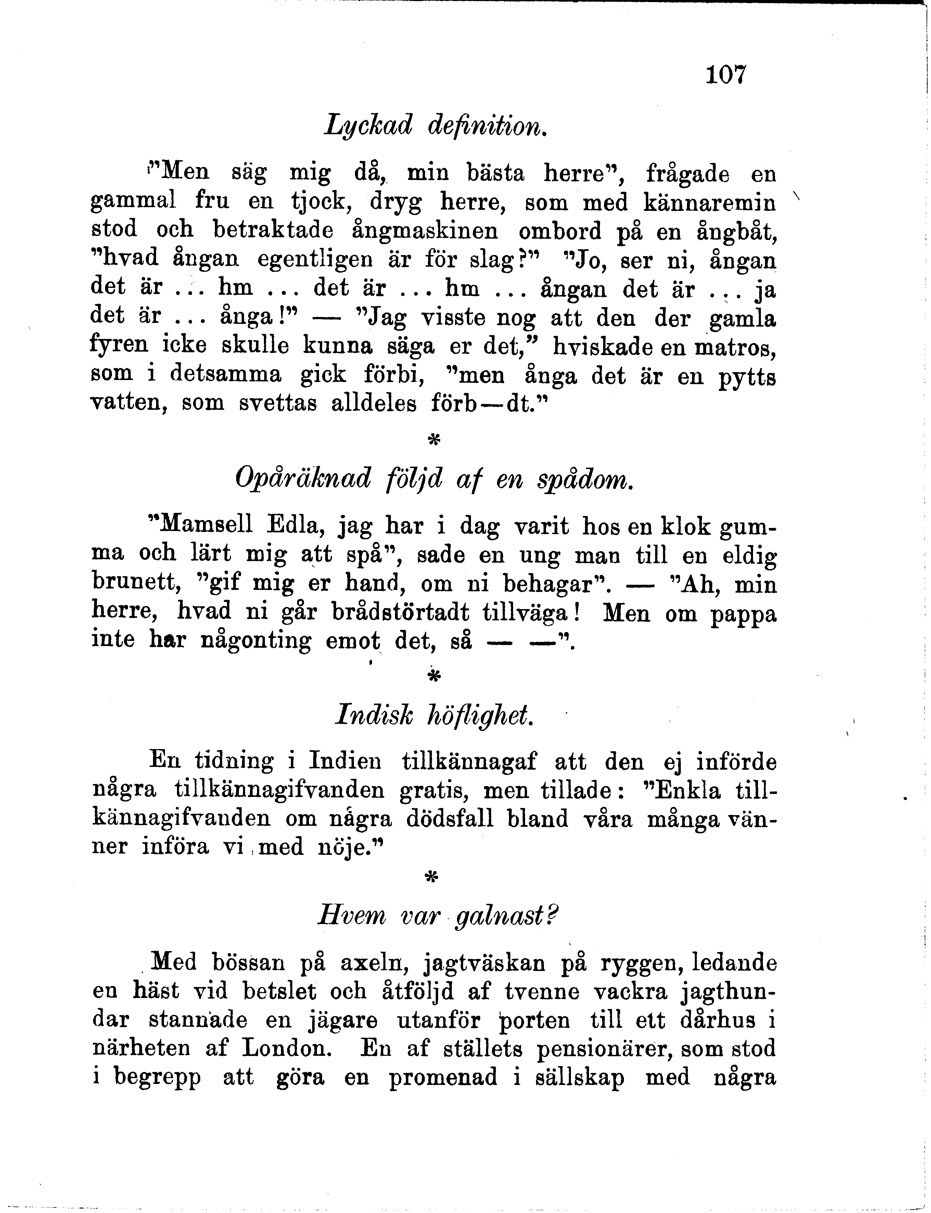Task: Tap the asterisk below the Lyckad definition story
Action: pos(434,440)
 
